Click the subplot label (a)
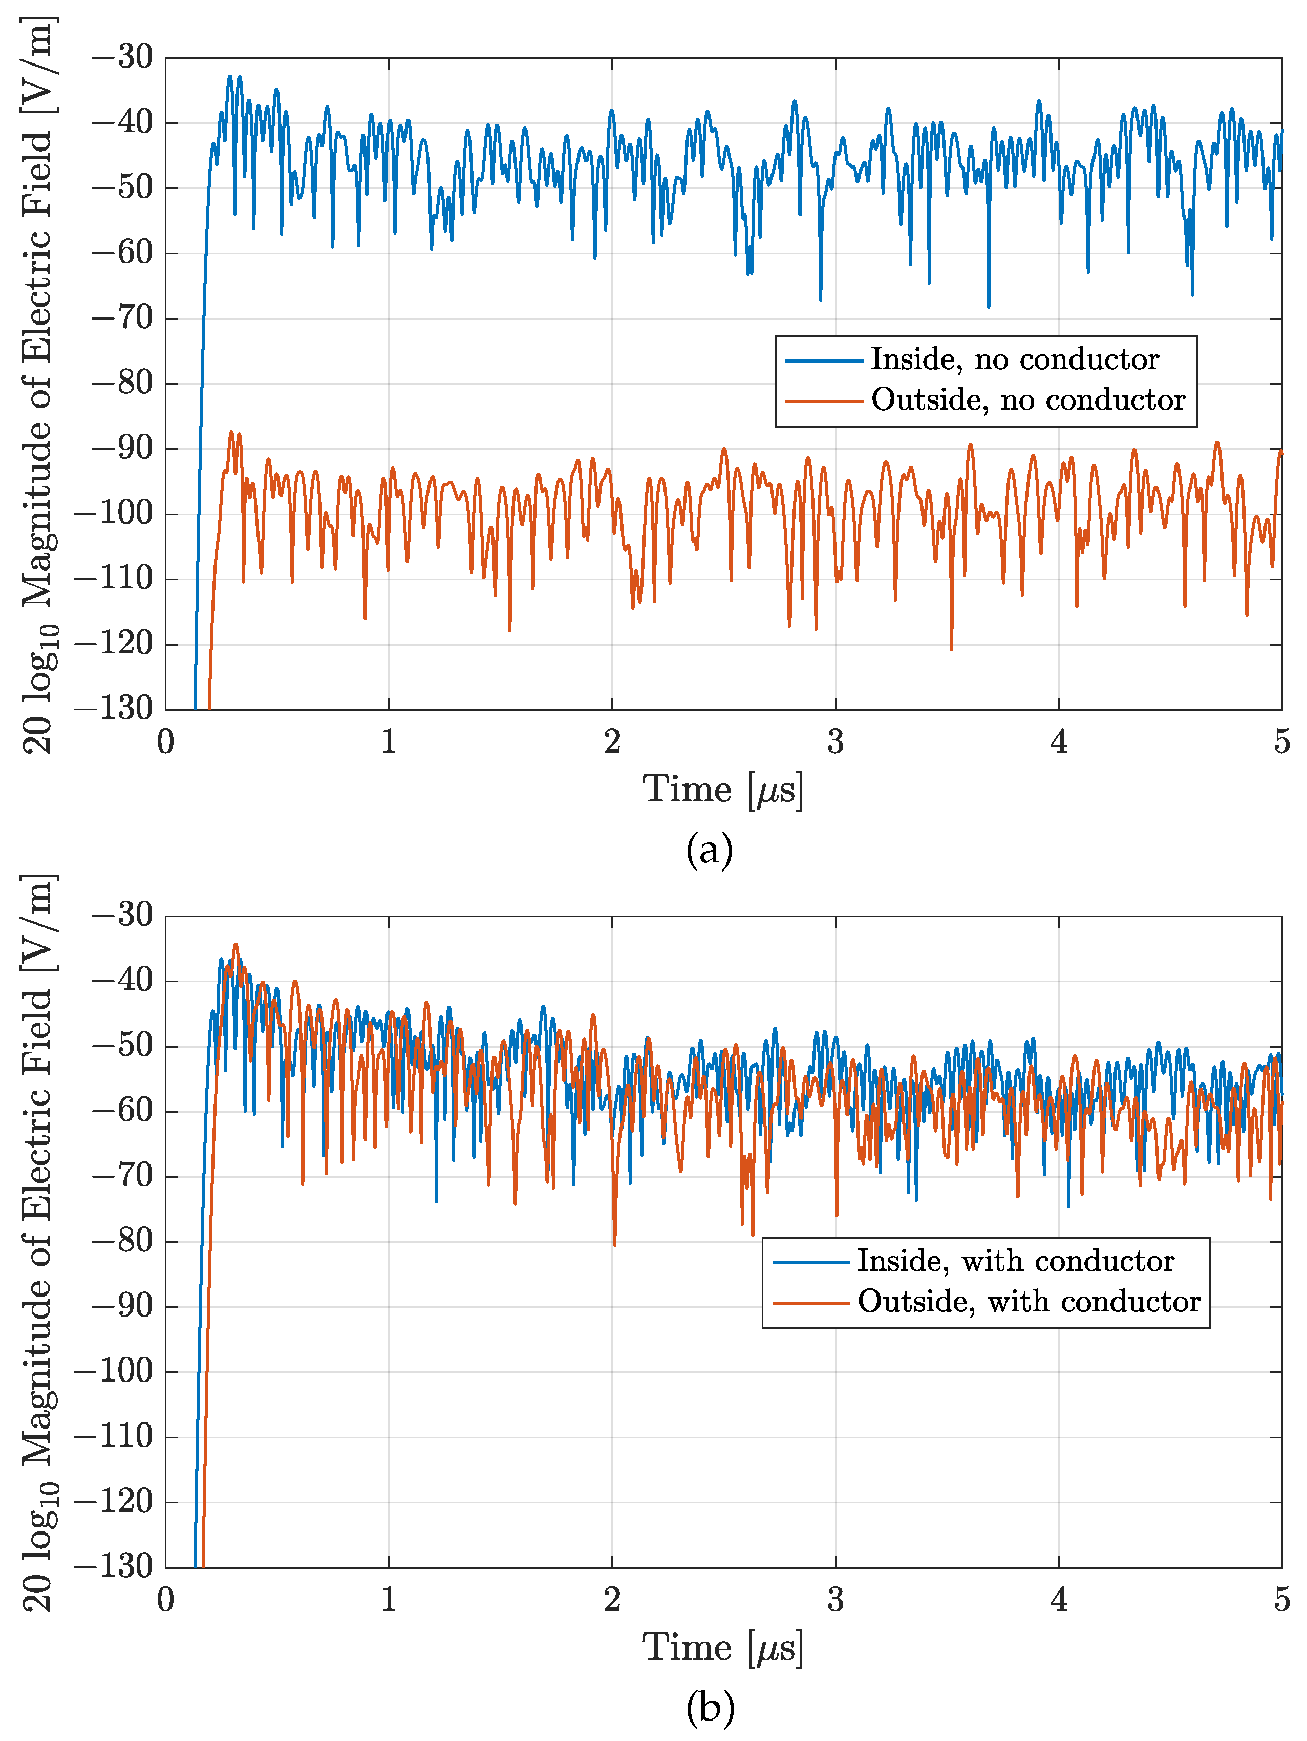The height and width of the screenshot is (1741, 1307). [709, 850]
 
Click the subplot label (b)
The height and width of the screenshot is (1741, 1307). [710, 1707]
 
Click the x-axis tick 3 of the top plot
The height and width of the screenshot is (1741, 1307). [835, 741]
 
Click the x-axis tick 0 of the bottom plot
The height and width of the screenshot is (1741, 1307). [165, 1599]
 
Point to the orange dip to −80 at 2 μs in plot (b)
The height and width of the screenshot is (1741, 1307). [614, 1244]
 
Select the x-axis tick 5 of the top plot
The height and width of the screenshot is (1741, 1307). [1282, 741]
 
